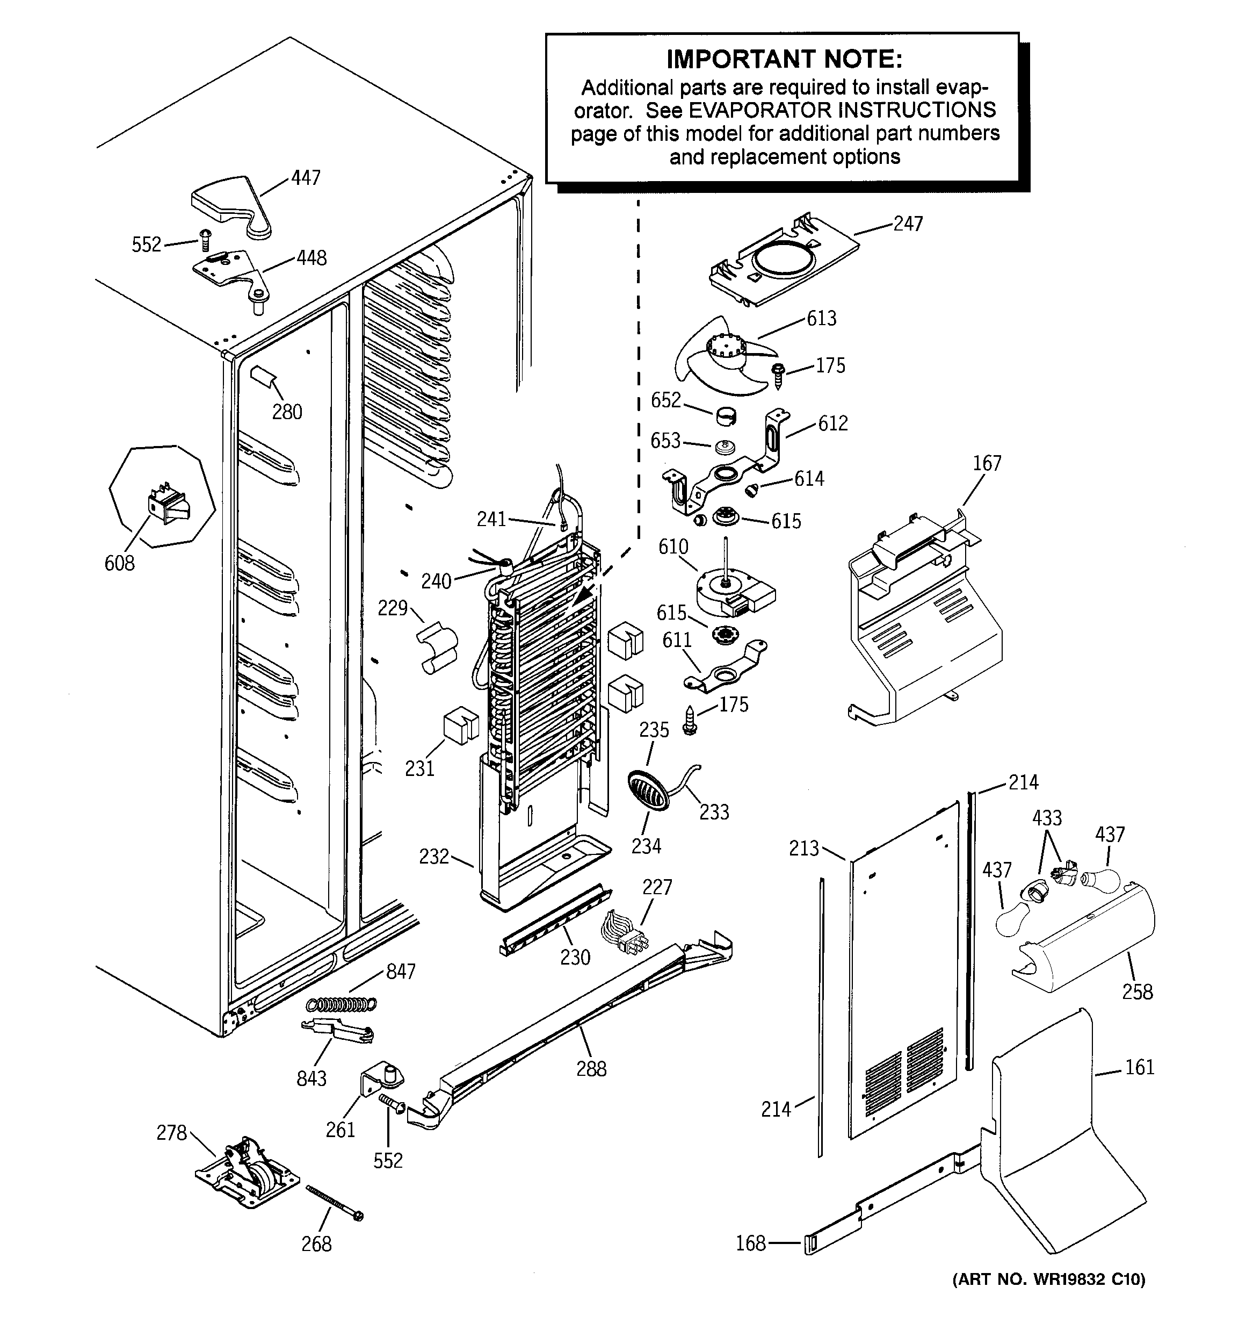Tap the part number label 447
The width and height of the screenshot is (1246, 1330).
click(306, 178)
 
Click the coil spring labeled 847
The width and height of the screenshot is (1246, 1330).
click(341, 1003)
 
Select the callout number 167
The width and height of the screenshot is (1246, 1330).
click(987, 463)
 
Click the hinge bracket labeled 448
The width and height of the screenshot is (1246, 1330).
click(231, 274)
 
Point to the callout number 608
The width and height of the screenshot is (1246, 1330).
click(119, 563)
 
